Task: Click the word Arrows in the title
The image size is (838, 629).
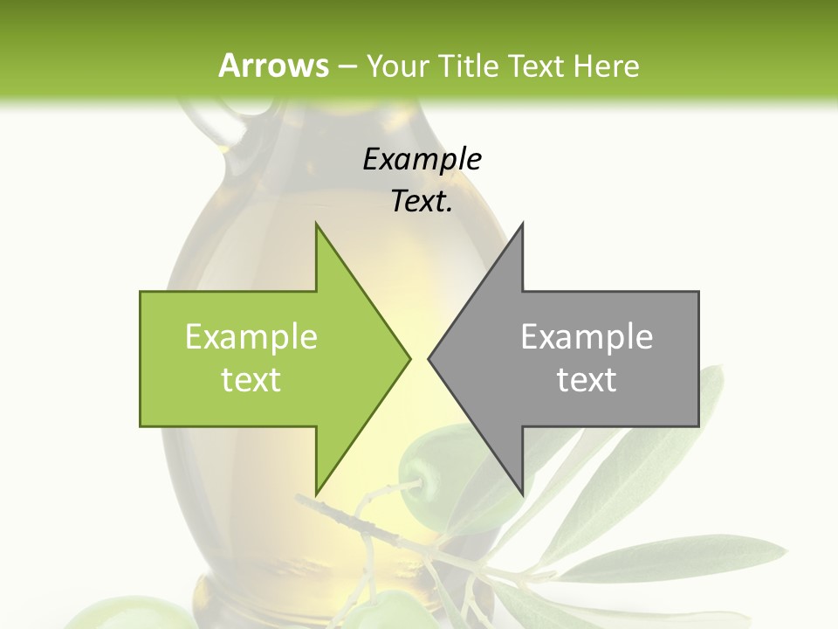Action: click(272, 66)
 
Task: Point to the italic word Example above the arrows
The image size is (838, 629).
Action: click(422, 159)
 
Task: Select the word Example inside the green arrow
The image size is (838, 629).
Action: click(251, 337)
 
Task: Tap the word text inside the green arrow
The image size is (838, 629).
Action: click(251, 380)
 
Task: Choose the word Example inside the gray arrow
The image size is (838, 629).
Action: click(587, 337)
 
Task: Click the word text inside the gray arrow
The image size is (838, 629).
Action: click(587, 380)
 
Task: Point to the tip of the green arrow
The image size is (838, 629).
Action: click(409, 358)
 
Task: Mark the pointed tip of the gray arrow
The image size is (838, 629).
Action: click(429, 358)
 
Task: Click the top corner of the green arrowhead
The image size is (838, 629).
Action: click(316, 224)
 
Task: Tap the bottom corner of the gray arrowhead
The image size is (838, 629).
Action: click(522, 492)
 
